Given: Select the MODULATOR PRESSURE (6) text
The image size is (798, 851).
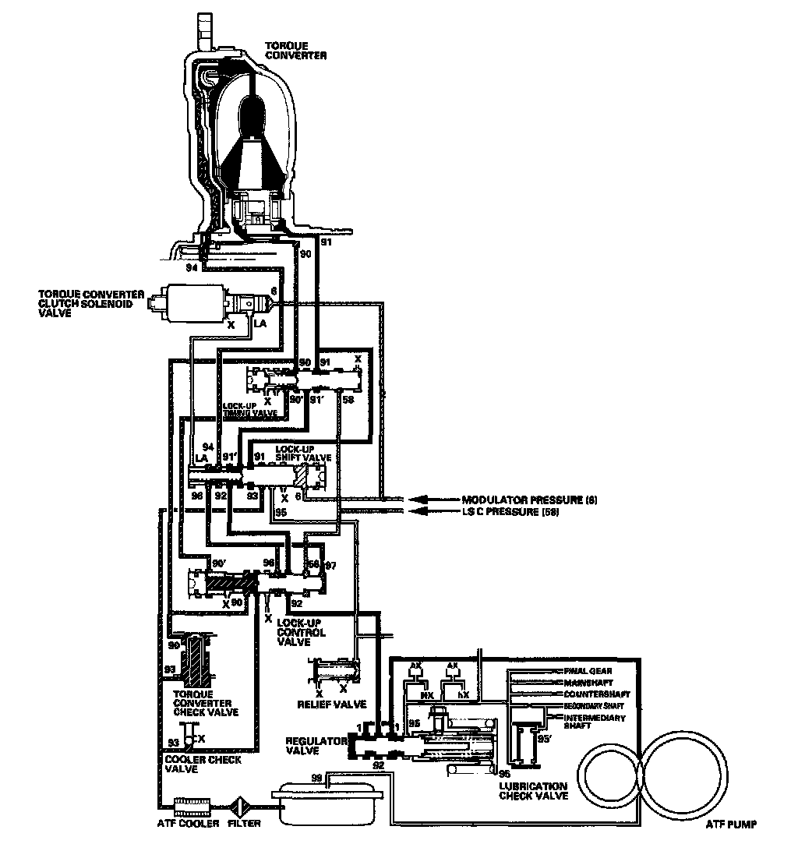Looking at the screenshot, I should pyautogui.click(x=530, y=499).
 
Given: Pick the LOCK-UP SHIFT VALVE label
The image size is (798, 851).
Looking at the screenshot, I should pyautogui.click(x=304, y=454).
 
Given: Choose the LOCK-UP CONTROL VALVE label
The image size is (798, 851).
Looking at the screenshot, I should pyautogui.click(x=301, y=632).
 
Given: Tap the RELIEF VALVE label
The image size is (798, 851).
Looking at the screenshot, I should pyautogui.click(x=331, y=704).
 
